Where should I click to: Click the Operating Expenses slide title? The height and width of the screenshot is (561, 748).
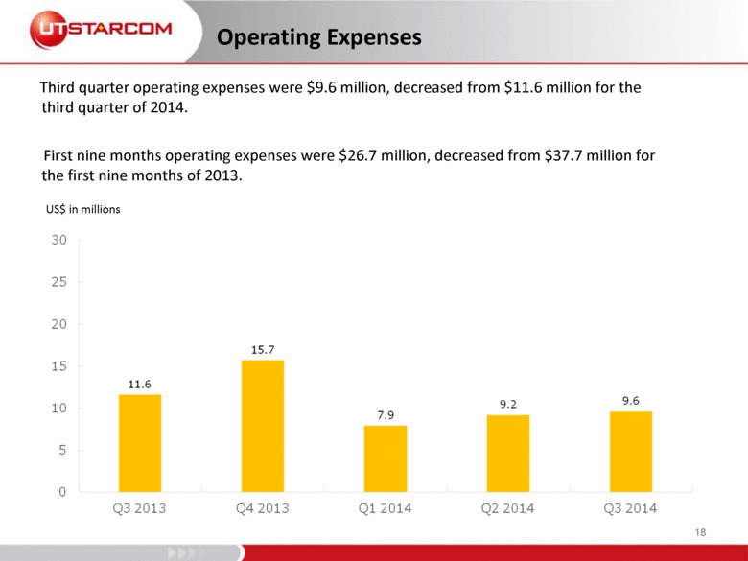tap(318, 37)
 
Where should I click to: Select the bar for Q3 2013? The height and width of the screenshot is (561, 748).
tap(140, 443)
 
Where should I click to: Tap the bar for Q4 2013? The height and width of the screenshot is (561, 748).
tap(263, 426)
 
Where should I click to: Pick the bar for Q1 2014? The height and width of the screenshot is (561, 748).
tap(386, 458)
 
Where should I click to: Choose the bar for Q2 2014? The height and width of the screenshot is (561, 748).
tap(508, 453)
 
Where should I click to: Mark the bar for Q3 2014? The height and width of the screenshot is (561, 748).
tap(631, 452)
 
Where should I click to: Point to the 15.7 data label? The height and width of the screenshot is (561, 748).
tap(263, 350)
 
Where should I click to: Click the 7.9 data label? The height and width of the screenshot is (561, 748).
tap(386, 414)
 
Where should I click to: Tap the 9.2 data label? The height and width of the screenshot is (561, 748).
tap(508, 404)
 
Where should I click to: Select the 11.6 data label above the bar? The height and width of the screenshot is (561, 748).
tap(140, 384)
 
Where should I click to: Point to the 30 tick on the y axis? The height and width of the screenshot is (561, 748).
tap(58, 240)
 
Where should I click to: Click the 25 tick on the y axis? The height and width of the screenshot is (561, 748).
tap(58, 282)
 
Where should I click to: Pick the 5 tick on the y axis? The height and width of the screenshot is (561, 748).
tap(62, 450)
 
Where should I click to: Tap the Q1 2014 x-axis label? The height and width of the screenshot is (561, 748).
tap(386, 508)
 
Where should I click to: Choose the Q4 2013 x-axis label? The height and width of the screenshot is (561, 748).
tap(263, 508)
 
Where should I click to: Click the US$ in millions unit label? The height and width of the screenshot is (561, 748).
tap(83, 208)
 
